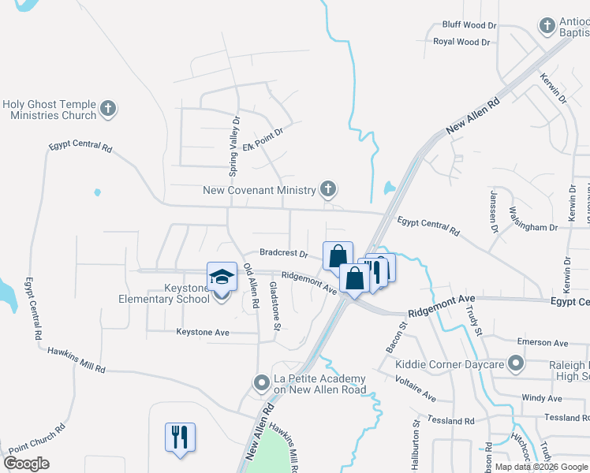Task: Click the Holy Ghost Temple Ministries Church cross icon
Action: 109,109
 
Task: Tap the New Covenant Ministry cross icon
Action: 328,188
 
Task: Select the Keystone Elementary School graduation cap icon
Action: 222,277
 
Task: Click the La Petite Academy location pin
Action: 263,382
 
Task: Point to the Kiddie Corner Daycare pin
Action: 516,363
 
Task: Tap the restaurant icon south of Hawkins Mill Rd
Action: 180,437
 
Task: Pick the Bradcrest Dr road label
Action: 283,253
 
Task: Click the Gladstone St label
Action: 275,305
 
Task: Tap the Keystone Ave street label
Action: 203,333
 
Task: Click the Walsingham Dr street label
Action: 533,226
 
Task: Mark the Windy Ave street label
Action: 542,399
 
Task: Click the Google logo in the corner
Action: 27,464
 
